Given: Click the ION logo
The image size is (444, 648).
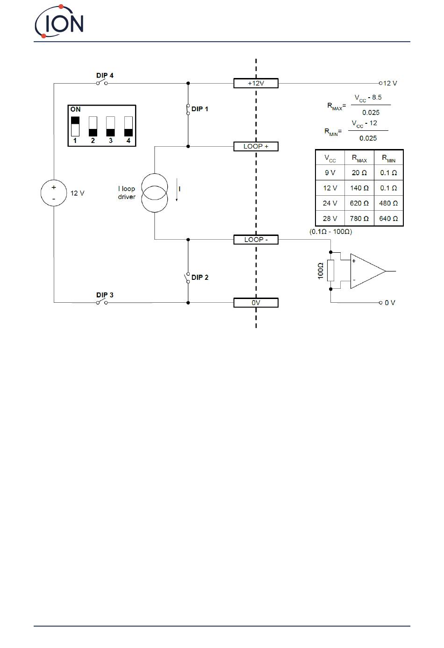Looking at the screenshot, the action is click(x=59, y=21).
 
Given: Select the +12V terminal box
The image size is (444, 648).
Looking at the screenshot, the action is click(x=256, y=83).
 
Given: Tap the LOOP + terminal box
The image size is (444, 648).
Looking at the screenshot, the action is click(x=256, y=146).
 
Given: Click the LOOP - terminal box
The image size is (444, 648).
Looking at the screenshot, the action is click(x=256, y=240).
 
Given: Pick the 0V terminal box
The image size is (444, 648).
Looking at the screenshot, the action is click(x=256, y=303).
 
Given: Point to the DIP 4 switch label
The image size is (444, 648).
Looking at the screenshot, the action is click(x=105, y=76).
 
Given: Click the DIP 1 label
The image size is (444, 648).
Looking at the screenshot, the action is click(x=200, y=109).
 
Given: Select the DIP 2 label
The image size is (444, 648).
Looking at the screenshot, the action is click(x=200, y=278).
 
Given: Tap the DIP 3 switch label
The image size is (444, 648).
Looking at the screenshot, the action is click(x=105, y=295).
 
